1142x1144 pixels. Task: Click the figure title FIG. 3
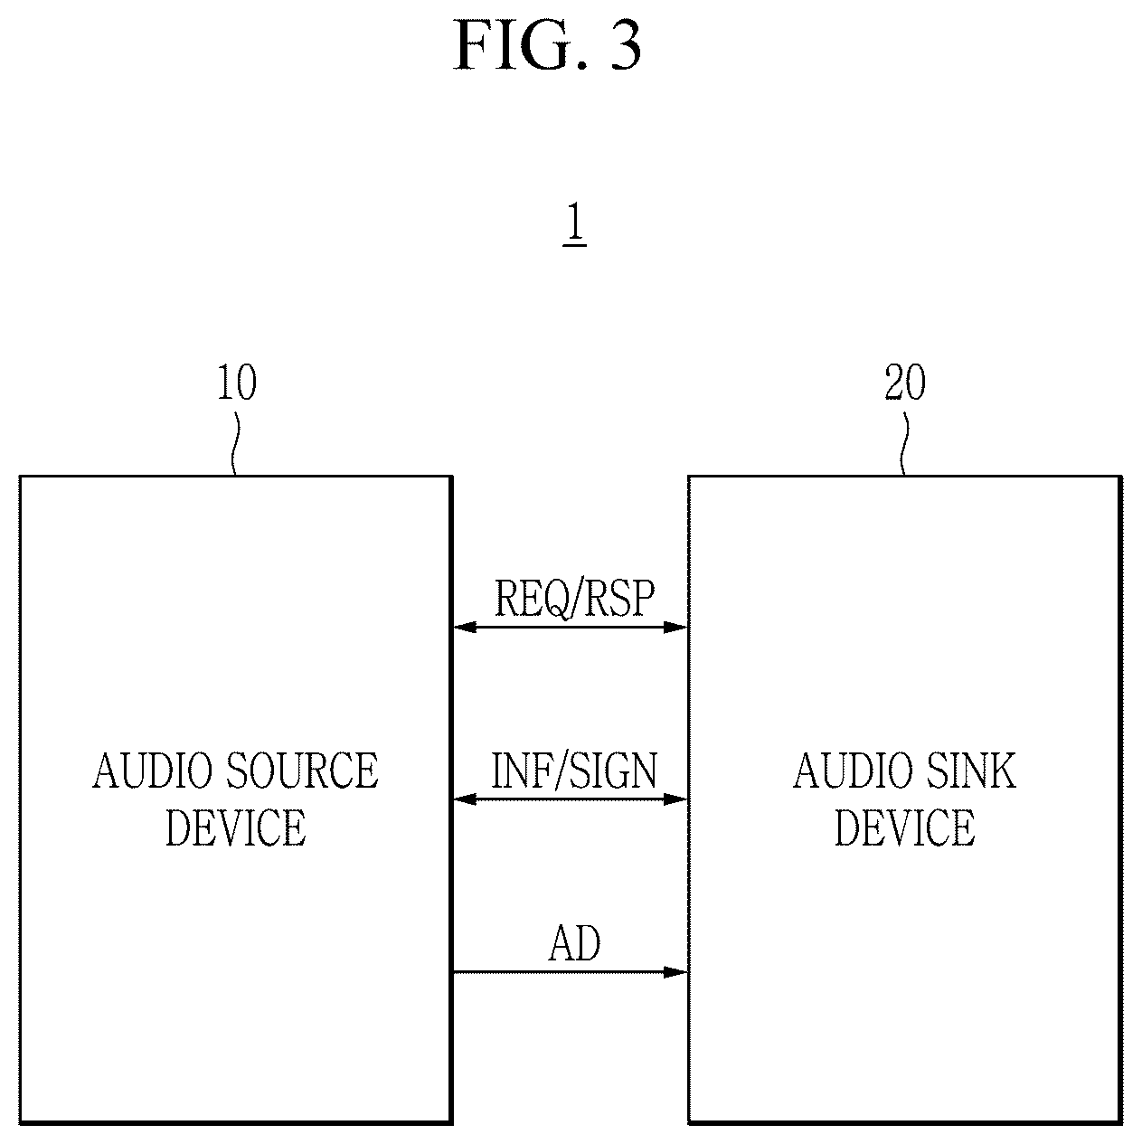tap(547, 45)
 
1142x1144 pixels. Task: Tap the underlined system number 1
tap(575, 222)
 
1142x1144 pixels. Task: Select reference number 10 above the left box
tap(237, 383)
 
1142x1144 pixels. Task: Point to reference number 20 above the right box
tap(905, 383)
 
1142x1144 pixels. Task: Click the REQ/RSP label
tap(574, 598)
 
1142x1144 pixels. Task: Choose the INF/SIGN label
tap(574, 771)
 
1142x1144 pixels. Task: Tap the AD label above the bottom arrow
tap(573, 943)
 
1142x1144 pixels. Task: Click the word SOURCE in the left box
tap(302, 771)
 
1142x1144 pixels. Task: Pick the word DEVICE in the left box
tap(236, 827)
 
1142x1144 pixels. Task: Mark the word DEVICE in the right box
tap(905, 827)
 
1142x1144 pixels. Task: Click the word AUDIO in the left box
tap(153, 771)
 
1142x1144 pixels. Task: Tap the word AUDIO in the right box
tap(853, 771)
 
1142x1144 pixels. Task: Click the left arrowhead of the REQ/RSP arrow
tap(465, 627)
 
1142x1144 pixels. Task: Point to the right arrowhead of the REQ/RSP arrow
tap(675, 627)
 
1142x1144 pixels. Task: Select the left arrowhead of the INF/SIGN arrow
tap(465, 799)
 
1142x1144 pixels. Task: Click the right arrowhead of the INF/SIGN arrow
tap(675, 799)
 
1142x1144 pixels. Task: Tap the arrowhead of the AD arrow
tap(675, 972)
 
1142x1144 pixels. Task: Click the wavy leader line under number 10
tap(236, 444)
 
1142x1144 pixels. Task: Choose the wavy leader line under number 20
tap(904, 444)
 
